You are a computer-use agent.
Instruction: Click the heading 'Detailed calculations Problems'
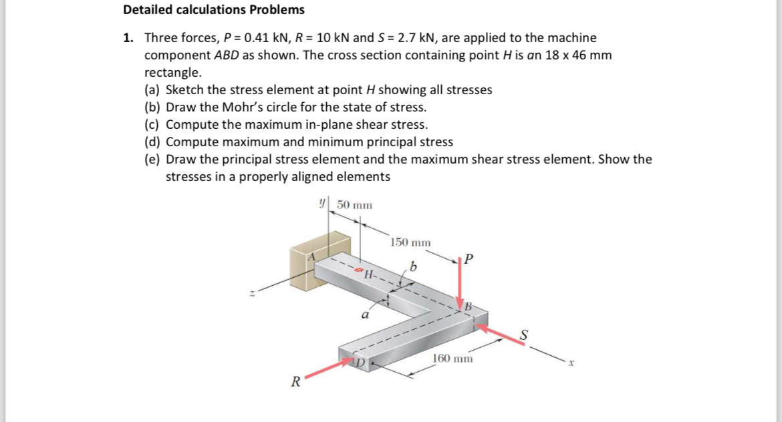214,10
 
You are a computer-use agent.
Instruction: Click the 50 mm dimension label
354,204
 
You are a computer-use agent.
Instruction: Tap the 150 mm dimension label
410,242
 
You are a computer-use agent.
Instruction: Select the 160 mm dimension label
453,359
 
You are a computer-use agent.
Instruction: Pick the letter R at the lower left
293,383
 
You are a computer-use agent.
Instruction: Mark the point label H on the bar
368,274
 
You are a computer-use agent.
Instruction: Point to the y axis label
323,202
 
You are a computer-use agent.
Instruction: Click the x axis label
571,364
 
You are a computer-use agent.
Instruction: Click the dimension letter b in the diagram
414,268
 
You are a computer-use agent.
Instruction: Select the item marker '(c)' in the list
153,125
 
